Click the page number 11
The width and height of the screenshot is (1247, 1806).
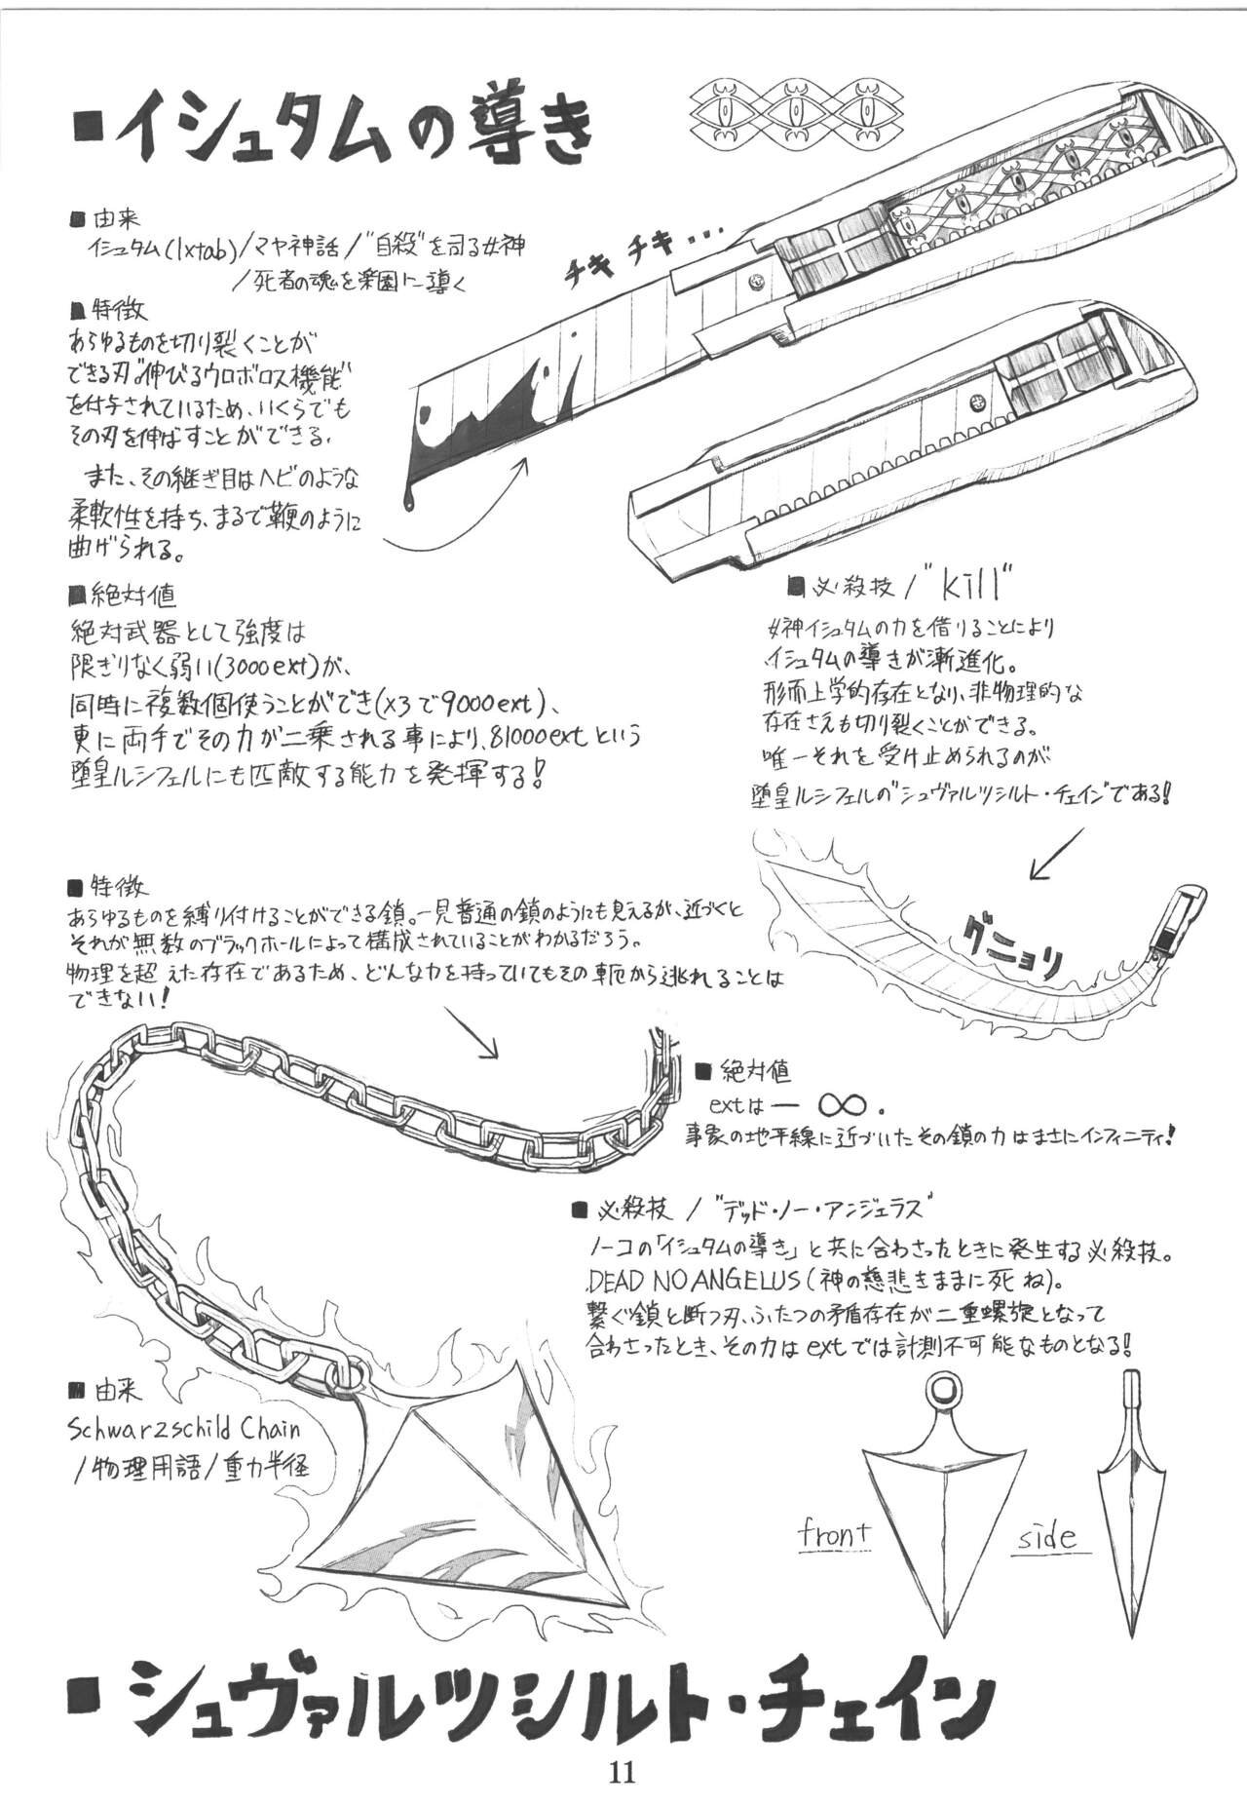(x=623, y=1771)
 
